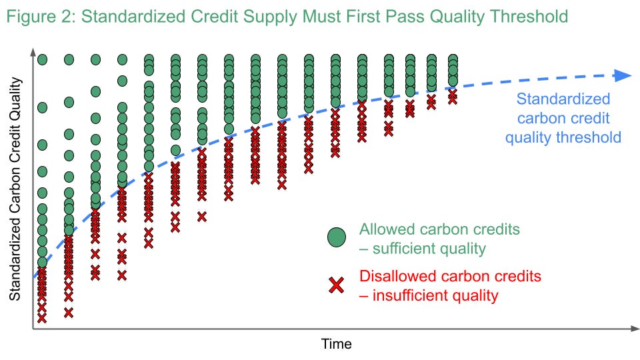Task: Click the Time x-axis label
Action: (336, 344)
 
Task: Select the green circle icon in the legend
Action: (337, 237)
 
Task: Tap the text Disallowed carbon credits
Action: (450, 276)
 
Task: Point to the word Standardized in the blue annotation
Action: (563, 99)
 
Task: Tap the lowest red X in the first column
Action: (42, 318)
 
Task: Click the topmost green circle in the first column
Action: (42, 59)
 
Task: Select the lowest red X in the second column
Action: (69, 311)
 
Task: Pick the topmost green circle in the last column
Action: (453, 59)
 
